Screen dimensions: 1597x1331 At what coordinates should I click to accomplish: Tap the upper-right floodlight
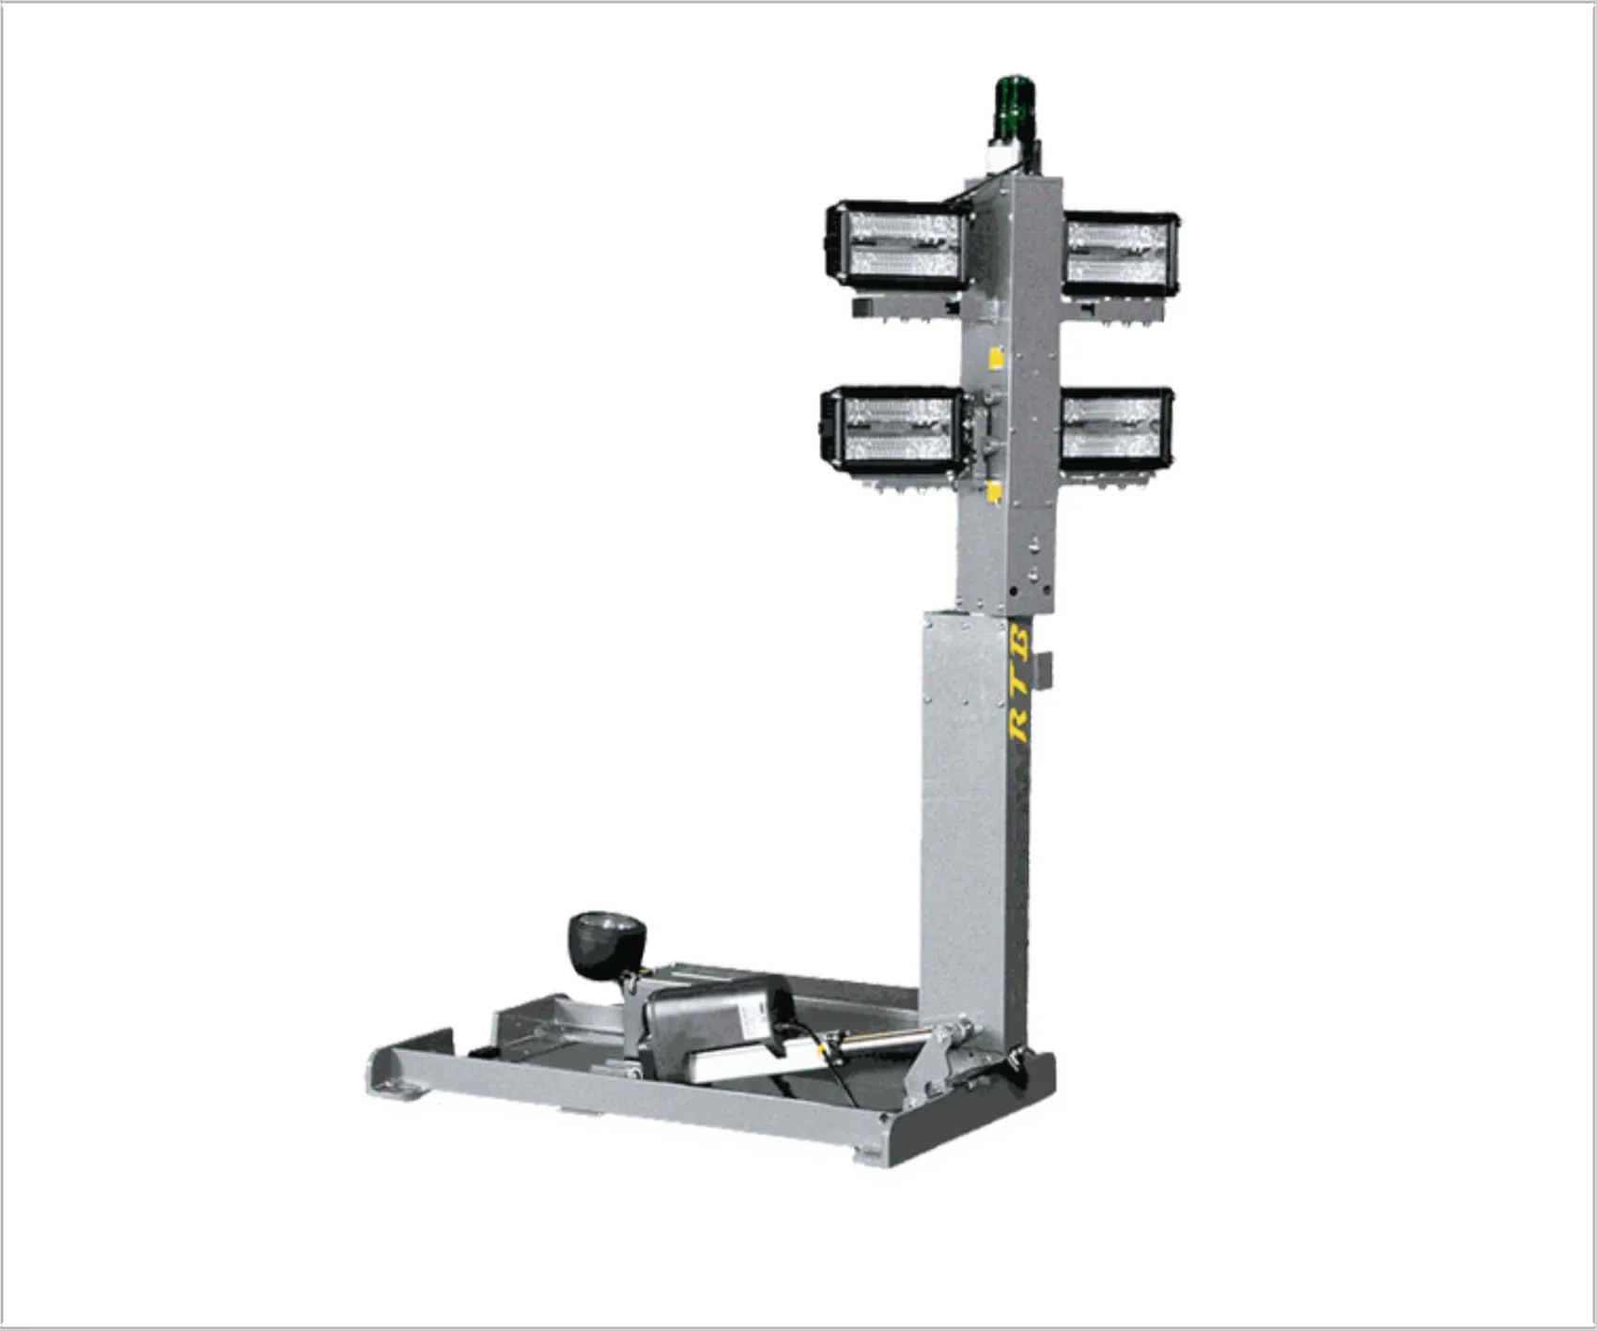[x=1121, y=254]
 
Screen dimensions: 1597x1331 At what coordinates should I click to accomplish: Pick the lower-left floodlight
[x=892, y=430]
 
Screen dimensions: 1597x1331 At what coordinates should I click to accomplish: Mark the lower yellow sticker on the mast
[x=994, y=492]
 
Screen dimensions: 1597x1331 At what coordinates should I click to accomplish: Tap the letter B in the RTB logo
[x=1021, y=643]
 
